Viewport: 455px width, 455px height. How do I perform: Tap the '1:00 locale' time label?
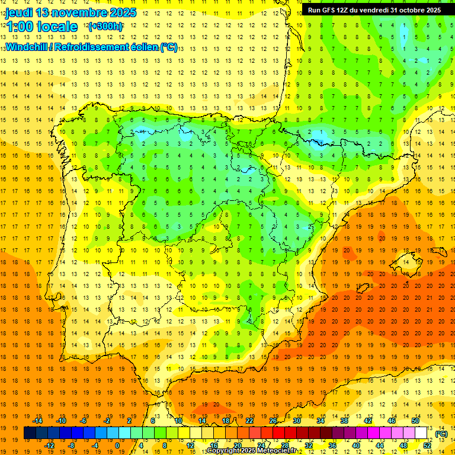[x=41, y=27]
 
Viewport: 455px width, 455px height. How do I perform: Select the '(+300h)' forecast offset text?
[x=105, y=27]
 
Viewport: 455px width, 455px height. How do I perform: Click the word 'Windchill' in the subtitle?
[x=26, y=47]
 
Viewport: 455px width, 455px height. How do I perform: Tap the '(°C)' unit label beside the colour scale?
[x=441, y=434]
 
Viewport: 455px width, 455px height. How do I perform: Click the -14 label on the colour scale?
[x=37, y=421]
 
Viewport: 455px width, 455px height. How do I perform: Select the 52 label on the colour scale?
[x=427, y=446]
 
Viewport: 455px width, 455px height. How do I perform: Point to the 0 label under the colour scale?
[x=117, y=446]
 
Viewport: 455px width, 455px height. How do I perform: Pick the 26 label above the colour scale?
[x=273, y=421]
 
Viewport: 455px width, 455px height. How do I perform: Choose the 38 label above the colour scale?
[x=344, y=421]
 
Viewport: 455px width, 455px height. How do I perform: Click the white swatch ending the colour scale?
[x=421, y=433]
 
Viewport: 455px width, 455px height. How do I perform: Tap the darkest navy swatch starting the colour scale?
[x=30, y=433]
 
